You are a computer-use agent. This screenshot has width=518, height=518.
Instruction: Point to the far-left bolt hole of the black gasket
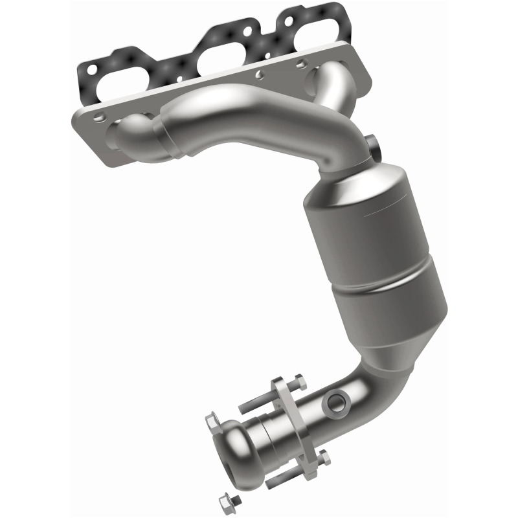91,67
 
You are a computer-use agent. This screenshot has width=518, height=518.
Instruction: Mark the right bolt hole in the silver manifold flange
299,64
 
